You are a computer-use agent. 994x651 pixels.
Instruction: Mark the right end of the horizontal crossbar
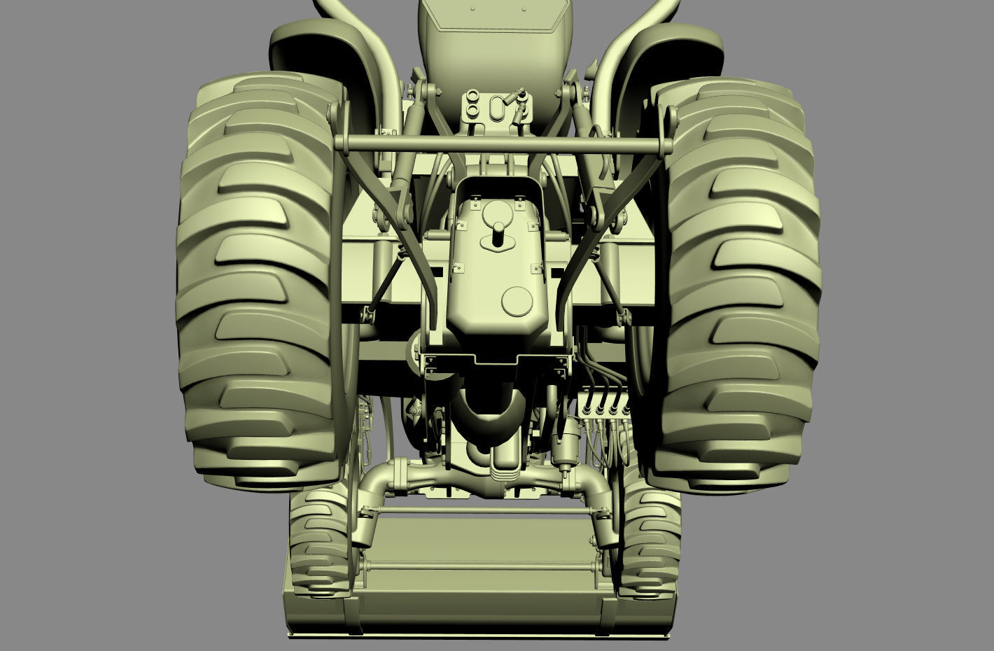(665, 146)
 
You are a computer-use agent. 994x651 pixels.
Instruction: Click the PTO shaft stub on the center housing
(498, 232)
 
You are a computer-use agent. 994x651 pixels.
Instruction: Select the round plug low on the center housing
(517, 301)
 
